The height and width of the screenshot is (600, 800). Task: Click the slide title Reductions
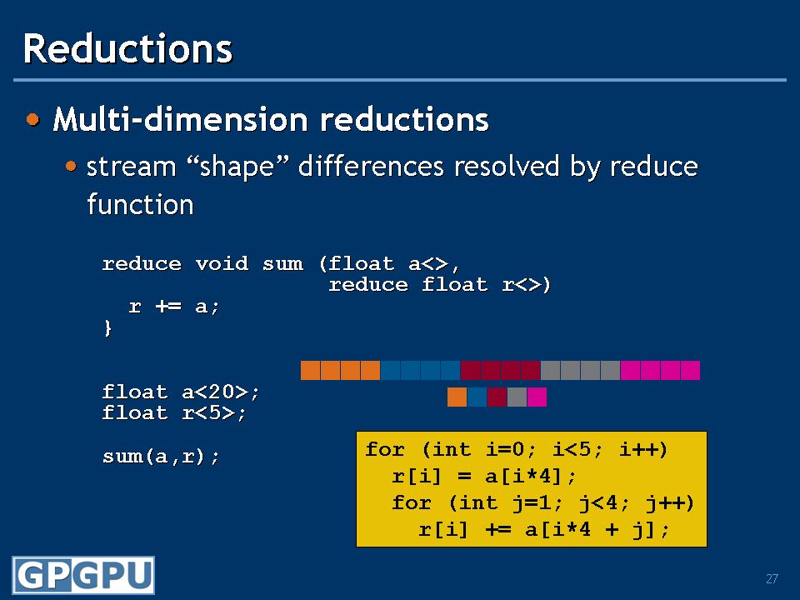pos(127,48)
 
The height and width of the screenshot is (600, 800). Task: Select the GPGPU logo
pos(83,575)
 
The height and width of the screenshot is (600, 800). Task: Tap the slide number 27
pos(772,578)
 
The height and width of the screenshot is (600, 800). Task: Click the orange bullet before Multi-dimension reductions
pos(33,119)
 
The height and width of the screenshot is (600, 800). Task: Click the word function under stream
pos(140,205)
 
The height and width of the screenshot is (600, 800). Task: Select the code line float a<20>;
pos(181,392)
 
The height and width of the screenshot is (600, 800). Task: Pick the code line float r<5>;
pos(174,412)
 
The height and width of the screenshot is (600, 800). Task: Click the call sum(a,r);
pos(161,456)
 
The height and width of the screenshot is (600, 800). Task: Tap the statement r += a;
pos(174,306)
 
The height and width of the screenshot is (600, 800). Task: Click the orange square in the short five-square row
pos(457,397)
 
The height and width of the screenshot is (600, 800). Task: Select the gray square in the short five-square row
pos(517,397)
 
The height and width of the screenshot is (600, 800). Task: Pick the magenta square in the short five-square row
pos(537,397)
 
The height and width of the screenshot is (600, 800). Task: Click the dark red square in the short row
pos(497,397)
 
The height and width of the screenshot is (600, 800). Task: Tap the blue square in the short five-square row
pos(477,397)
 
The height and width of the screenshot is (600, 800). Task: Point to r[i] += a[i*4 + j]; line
pos(543,530)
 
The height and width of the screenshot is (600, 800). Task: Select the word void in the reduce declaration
pos(222,264)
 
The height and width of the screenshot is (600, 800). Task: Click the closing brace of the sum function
pos(107,327)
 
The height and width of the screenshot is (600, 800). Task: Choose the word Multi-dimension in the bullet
pos(181,119)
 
